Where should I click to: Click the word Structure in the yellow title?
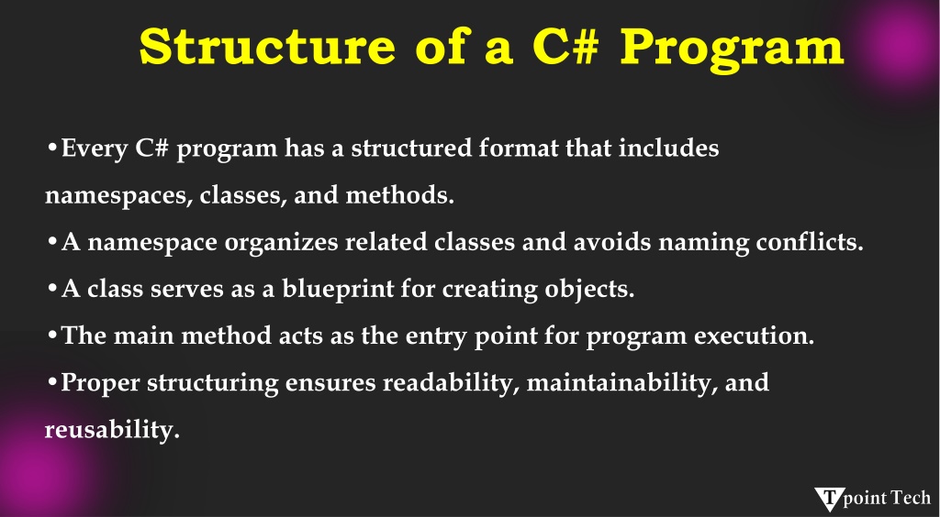coord(267,47)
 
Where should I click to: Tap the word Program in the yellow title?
coord(732,49)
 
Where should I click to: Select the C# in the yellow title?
coord(565,47)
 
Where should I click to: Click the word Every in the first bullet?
coord(95,149)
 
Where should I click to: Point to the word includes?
coord(668,148)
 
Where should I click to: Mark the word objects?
coord(589,290)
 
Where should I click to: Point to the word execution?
coord(755,335)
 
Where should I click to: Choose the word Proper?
coord(101,383)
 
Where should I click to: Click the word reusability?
coord(112,430)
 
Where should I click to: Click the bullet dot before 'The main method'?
coord(52,335)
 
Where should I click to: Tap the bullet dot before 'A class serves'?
coord(52,289)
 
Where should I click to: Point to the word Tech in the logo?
coord(911,498)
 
